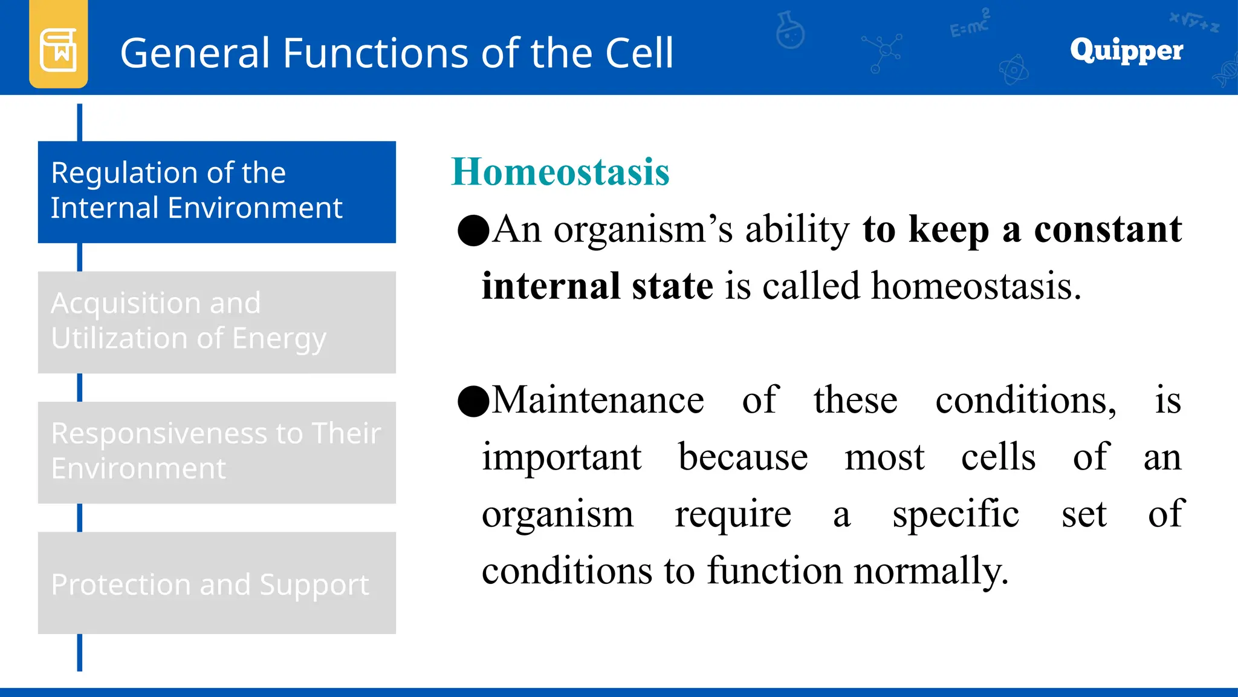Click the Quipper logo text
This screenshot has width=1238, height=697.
(1126, 50)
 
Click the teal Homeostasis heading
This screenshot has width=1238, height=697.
(560, 172)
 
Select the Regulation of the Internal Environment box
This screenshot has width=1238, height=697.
(216, 192)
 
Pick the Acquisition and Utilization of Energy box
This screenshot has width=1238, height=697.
(216, 322)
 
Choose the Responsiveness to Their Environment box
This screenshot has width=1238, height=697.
(216, 452)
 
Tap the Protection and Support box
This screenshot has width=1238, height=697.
(216, 583)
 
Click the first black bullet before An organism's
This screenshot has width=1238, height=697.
(473, 231)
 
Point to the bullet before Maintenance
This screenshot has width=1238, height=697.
(473, 401)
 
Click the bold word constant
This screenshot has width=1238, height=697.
(1107, 230)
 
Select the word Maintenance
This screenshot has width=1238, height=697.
(598, 401)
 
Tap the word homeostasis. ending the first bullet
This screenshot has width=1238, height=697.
(976, 286)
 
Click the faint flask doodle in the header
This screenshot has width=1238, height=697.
(790, 30)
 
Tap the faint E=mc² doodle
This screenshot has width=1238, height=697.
(970, 24)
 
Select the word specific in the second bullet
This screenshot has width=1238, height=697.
(956, 514)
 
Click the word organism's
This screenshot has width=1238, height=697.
(643, 230)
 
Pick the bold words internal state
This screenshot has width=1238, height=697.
(597, 286)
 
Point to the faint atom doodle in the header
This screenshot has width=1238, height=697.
(1014, 70)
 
